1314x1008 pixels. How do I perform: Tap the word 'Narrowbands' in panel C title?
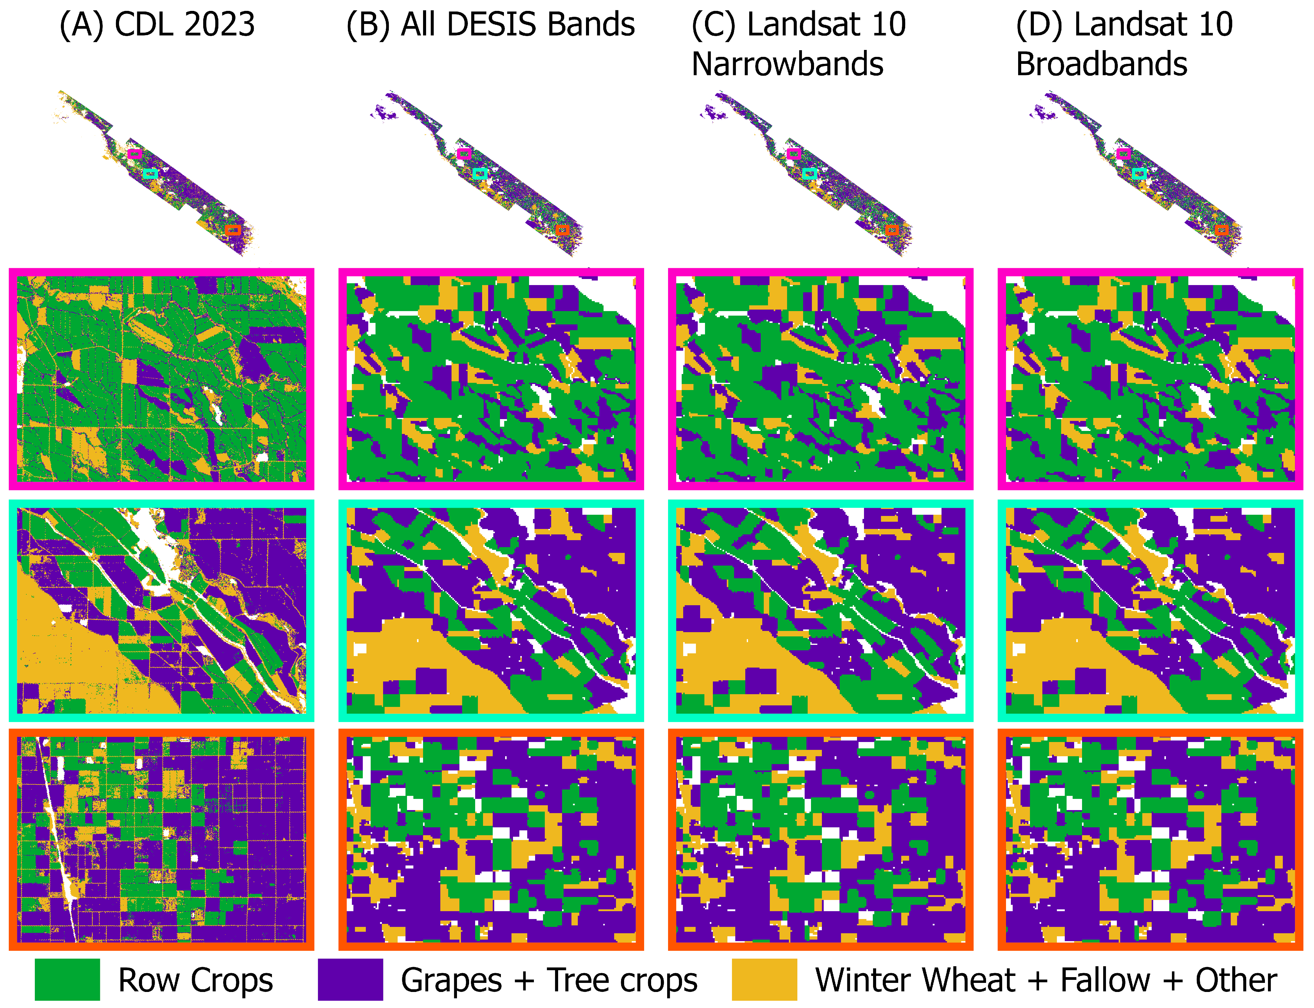click(788, 64)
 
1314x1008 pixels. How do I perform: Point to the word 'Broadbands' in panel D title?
click(1101, 64)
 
